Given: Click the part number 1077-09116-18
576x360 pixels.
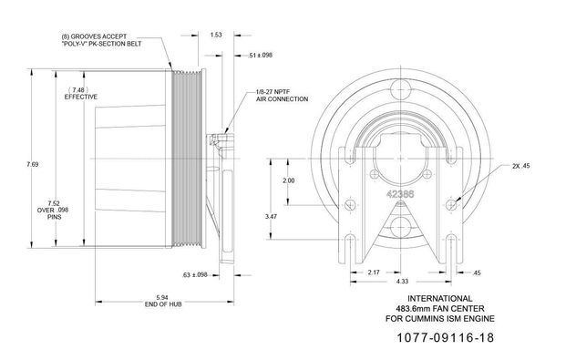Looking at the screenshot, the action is pyautogui.click(x=446, y=337).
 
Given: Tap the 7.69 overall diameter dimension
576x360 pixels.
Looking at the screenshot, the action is pyautogui.click(x=32, y=165).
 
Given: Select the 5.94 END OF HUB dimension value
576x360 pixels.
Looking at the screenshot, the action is pyautogui.click(x=162, y=297).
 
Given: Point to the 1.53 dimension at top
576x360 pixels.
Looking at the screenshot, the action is pyautogui.click(x=216, y=35).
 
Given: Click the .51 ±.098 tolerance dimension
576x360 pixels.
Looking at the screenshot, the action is pyautogui.click(x=260, y=55).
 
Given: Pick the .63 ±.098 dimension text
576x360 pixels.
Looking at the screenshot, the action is pyautogui.click(x=195, y=274).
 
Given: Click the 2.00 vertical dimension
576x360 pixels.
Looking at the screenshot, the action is pyautogui.click(x=289, y=180).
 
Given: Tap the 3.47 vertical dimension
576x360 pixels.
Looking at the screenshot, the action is pyautogui.click(x=271, y=217).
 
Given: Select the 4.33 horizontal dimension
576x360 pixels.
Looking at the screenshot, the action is pyautogui.click(x=402, y=282).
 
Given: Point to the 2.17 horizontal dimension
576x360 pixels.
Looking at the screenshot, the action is pyautogui.click(x=374, y=273).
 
